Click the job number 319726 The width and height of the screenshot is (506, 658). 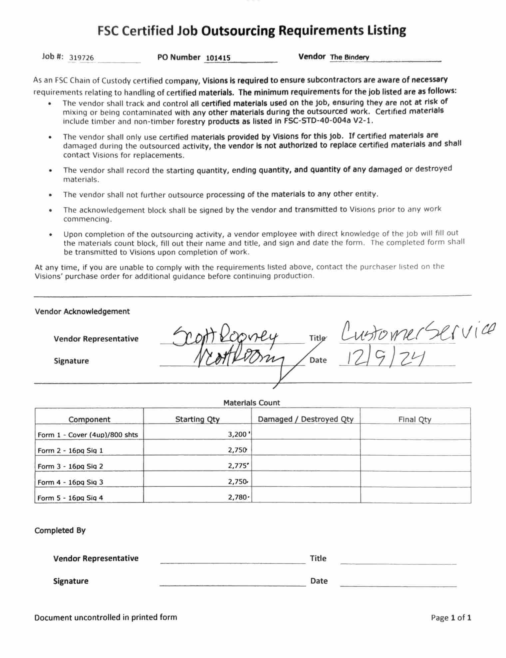pyautogui.click(x=81, y=58)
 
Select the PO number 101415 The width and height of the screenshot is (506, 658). pyautogui.click(x=218, y=58)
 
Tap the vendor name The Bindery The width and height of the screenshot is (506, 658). pyautogui.click(x=349, y=57)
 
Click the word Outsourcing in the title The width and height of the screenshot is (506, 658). pyautogui.click(x=238, y=31)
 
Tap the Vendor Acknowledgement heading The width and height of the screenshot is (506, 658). pyautogui.click(x=82, y=311)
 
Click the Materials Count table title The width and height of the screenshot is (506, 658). pyautogui.click(x=252, y=403)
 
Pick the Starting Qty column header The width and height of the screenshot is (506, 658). pyautogui.click(x=197, y=419)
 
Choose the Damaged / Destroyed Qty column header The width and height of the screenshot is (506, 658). pyautogui.click(x=305, y=419)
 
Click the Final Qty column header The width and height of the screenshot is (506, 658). pyautogui.click(x=415, y=419)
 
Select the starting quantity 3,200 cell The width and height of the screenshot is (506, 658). pyautogui.click(x=237, y=434)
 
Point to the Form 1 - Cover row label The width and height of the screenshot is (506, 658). pyautogui.click(x=88, y=435)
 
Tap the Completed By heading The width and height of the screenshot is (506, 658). pyautogui.click(x=60, y=530)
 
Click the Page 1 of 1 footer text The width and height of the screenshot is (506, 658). pyautogui.click(x=451, y=618)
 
